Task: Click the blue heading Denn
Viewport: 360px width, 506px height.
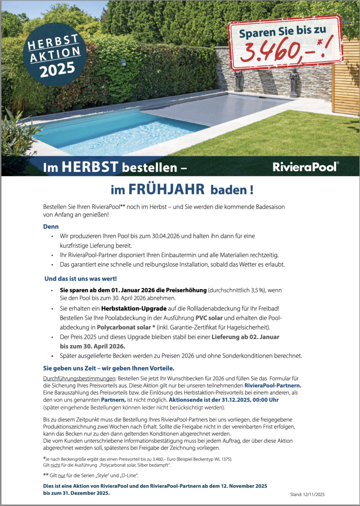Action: pyautogui.click(x=51, y=226)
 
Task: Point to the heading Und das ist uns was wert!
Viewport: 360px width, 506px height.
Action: pyautogui.click(x=80, y=278)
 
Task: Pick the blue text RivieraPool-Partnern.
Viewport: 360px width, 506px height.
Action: pyautogui.click(x=273, y=385)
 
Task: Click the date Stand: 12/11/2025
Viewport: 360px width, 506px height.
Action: pyautogui.click(x=307, y=494)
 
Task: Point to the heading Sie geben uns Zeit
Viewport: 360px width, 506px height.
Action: pyautogui.click(x=108, y=368)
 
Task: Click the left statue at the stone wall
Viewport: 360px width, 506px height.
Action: pyautogui.click(x=238, y=80)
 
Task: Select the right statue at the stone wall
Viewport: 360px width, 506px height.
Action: pyautogui.click(x=294, y=82)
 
